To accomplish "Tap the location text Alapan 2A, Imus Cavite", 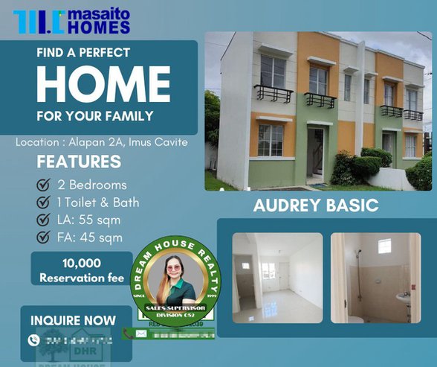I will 102,141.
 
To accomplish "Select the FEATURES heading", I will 79,162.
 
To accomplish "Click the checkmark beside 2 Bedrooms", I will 44,185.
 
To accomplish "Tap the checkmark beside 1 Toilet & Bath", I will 44,202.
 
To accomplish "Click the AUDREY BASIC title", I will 316,205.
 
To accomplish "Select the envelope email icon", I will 141,334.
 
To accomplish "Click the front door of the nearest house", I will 315,152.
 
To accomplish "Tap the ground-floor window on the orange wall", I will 271,139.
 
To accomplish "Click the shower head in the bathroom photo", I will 358,254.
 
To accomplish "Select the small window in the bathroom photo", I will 384,246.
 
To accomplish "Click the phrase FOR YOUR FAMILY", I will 94,115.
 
